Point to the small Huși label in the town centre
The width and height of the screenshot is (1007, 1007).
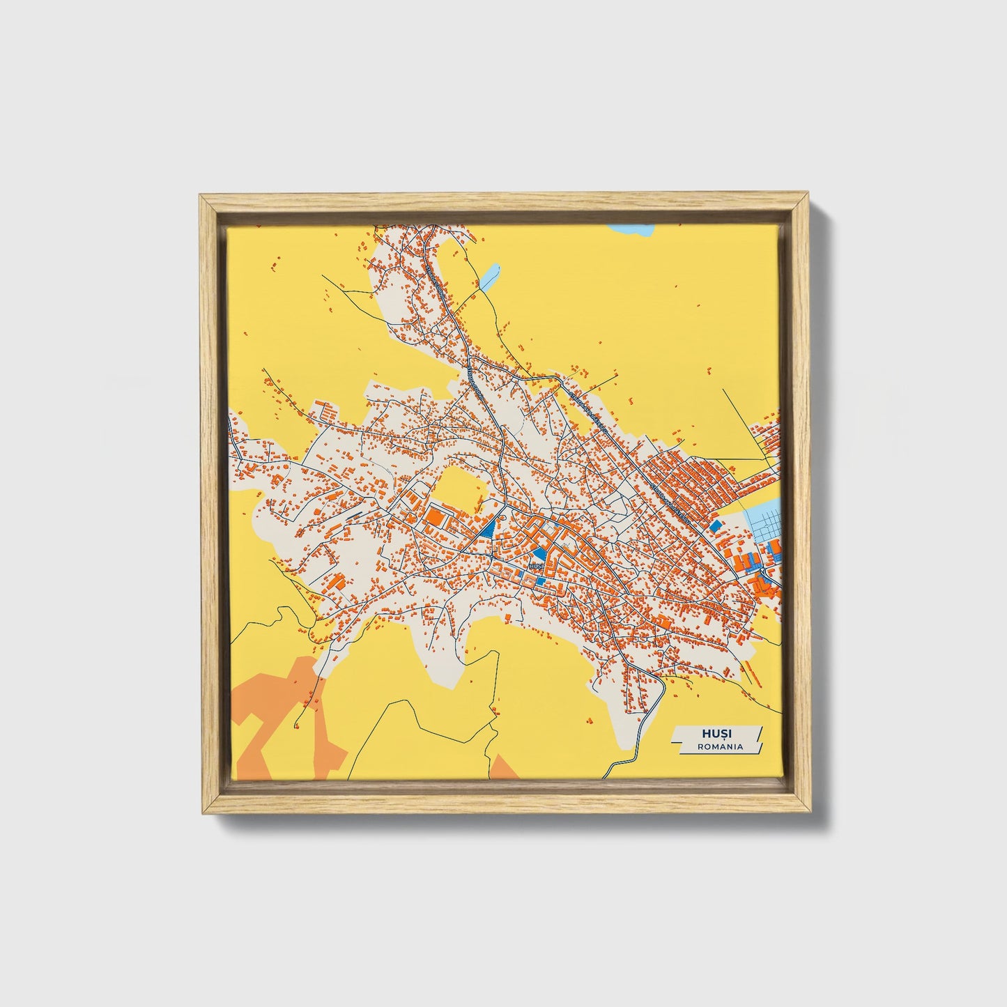(535, 567)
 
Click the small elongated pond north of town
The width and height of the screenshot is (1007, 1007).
(489, 276)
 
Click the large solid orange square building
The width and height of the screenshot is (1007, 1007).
(436, 517)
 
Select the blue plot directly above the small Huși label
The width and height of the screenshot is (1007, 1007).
(537, 554)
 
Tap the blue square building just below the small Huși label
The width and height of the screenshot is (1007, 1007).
(541, 581)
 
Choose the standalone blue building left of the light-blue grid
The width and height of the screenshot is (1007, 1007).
(716, 524)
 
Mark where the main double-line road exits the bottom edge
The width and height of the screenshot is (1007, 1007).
(608, 775)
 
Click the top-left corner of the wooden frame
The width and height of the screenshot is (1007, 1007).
(201, 196)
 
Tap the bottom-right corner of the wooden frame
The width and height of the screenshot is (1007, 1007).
(810, 812)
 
